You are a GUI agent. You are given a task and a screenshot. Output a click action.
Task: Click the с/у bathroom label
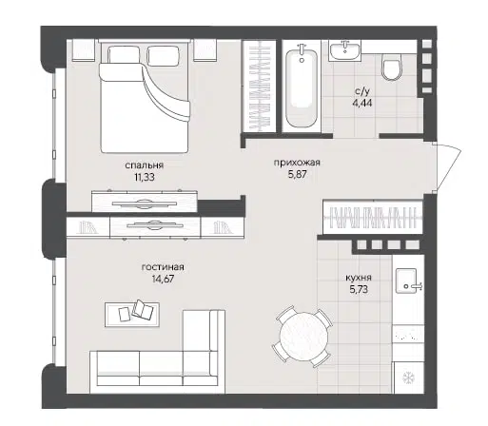pos(362,91)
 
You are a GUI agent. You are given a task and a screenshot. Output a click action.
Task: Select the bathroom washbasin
pos(344,50)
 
